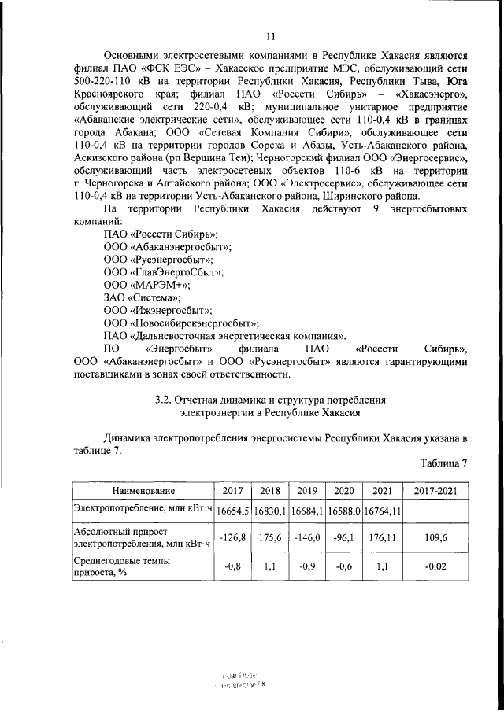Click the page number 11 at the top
[270, 35]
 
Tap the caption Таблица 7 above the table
[443, 463]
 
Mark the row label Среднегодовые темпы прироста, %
[126, 568]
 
